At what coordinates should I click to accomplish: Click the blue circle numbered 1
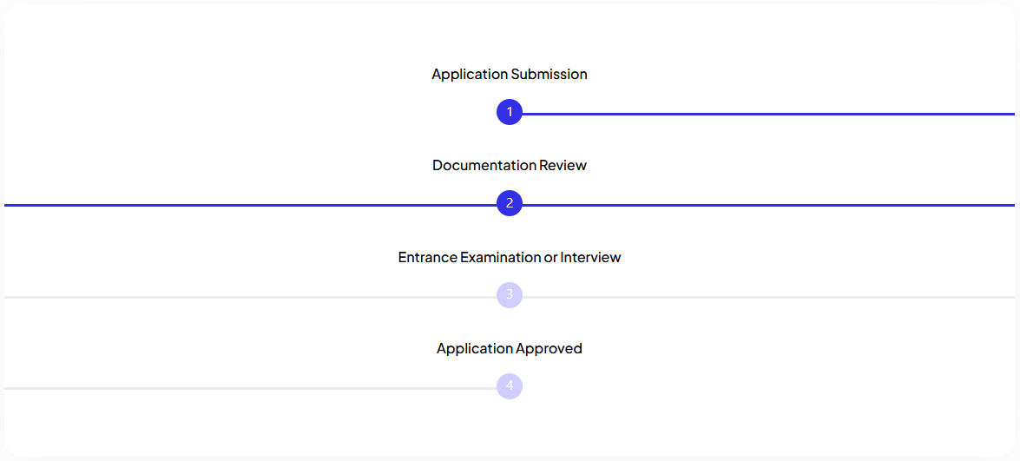(x=510, y=112)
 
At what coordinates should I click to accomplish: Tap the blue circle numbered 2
(x=510, y=203)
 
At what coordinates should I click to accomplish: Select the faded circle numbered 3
(x=510, y=294)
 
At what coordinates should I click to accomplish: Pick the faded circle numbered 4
(x=510, y=385)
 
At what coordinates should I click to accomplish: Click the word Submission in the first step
(x=549, y=74)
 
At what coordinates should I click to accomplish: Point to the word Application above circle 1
(x=470, y=75)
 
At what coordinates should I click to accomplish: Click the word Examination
(x=501, y=257)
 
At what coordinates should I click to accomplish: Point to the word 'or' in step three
(x=551, y=258)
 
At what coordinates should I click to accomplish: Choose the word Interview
(x=590, y=257)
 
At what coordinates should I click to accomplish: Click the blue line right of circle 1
(x=768, y=114)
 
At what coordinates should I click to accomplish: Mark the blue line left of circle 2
(x=251, y=206)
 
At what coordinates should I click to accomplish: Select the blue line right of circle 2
(x=768, y=206)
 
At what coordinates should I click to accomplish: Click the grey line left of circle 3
(x=251, y=297)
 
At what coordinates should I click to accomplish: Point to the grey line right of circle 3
(x=768, y=297)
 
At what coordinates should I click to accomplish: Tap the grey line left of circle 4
(x=251, y=388)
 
